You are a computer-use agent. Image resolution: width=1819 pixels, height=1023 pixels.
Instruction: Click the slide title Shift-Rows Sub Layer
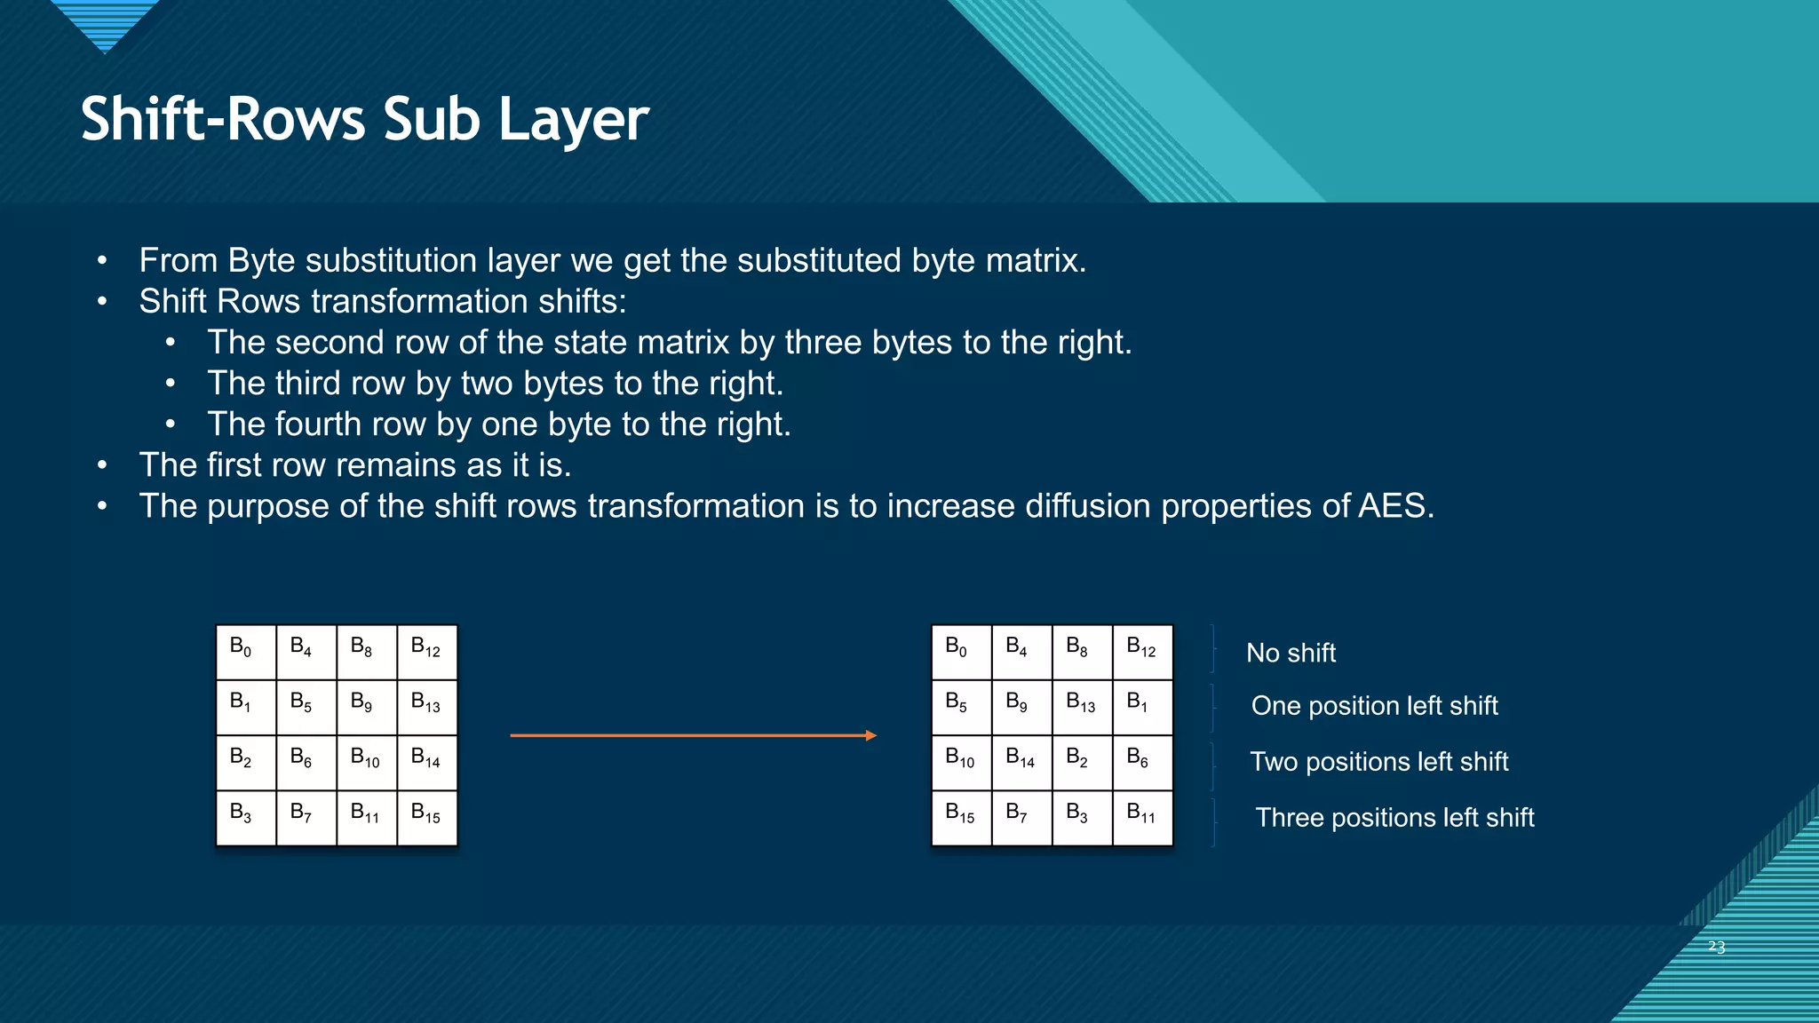click(x=364, y=120)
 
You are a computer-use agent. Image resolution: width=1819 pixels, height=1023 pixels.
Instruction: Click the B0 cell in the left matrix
click(x=245, y=652)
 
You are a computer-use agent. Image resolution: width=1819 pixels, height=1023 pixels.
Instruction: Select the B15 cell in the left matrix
click(x=426, y=817)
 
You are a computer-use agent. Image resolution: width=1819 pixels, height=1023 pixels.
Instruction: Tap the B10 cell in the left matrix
click(x=366, y=762)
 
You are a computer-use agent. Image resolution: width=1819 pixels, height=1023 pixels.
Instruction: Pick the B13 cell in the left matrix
click(x=426, y=707)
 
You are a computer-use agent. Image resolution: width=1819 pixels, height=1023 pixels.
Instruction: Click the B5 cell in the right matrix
click(x=961, y=707)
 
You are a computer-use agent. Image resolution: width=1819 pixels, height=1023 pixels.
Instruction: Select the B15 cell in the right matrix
click(x=961, y=817)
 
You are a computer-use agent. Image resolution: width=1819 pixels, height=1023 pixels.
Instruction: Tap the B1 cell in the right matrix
click(x=1142, y=707)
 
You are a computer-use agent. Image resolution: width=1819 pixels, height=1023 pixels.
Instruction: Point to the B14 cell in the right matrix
click(x=1021, y=762)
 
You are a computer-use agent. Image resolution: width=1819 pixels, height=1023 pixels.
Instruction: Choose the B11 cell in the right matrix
click(x=1142, y=817)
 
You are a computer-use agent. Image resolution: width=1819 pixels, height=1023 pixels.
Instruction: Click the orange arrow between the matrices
click(x=693, y=735)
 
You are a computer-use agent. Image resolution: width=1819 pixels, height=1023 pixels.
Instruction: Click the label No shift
click(x=1291, y=654)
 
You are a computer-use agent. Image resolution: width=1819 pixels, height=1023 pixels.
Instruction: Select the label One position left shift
click(x=1374, y=706)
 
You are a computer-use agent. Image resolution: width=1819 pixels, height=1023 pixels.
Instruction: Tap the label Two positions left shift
click(x=1378, y=762)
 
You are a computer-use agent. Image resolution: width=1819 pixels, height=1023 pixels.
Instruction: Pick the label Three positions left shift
click(x=1394, y=818)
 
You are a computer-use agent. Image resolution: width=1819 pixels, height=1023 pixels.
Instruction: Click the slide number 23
click(x=1716, y=948)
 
